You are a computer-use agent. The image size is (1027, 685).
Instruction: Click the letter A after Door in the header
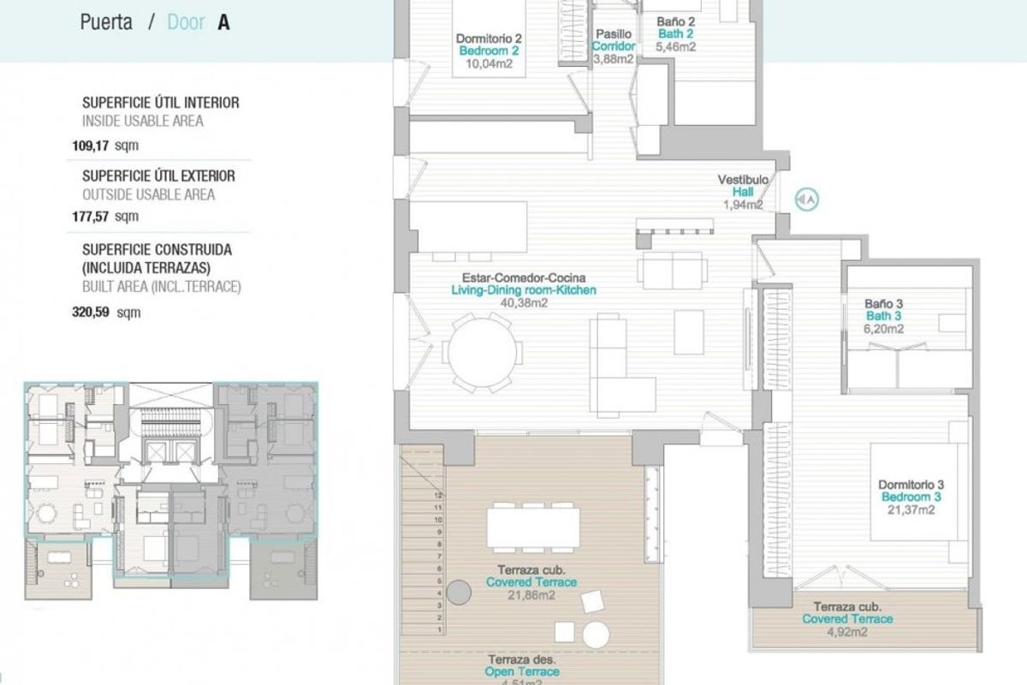223,22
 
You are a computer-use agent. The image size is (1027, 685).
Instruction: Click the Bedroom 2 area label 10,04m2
488,63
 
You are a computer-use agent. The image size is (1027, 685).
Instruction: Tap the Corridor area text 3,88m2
614,59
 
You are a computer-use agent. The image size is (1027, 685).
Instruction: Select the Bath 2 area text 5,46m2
675,47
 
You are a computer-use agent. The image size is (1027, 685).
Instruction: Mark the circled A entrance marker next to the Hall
807,200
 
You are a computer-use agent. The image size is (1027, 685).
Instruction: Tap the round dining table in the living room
484,351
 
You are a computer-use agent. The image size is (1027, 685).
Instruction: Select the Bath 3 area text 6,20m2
884,328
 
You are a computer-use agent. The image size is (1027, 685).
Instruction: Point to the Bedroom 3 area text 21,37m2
910,509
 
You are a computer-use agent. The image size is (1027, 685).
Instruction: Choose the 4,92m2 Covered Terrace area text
847,632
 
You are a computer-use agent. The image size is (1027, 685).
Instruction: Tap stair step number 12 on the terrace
438,495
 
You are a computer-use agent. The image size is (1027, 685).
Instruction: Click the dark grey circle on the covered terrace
460,593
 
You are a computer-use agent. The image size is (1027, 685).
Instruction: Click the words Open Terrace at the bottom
522,672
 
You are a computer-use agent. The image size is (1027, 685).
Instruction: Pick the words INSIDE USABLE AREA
143,121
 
